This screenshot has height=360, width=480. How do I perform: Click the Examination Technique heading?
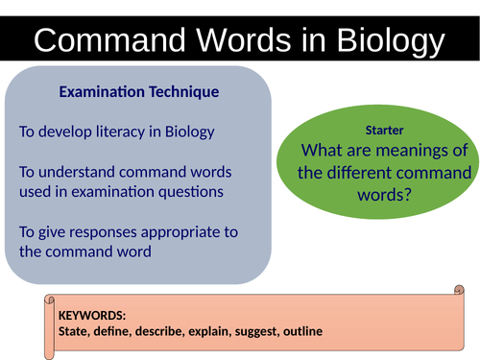point(138,92)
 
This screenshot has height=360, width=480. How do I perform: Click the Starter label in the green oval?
point(385,130)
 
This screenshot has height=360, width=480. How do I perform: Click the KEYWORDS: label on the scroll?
point(92,315)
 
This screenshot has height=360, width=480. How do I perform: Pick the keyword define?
point(118,332)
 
